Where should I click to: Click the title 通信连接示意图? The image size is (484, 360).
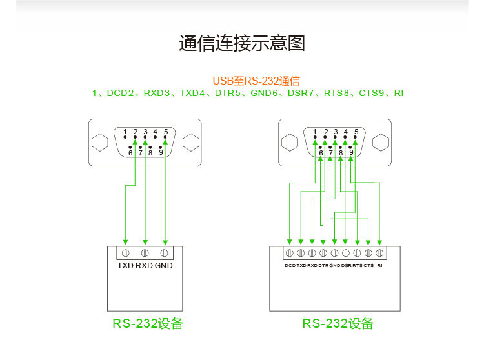241,44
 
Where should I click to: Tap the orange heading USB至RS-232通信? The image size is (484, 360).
256,81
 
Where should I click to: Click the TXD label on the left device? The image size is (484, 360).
125,266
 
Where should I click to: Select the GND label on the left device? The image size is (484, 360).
164,266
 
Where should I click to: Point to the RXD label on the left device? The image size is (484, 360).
145,266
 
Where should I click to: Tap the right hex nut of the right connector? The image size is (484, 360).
381,142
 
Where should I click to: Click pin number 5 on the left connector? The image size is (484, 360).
166,132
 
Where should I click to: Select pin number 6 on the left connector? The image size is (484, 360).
130,153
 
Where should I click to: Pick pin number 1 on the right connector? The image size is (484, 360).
315,132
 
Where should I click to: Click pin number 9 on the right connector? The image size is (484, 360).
351,153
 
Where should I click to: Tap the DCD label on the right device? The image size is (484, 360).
290,266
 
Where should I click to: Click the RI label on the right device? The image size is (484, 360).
380,266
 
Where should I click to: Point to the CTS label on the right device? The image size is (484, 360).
368,266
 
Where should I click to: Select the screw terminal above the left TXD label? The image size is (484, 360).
125,252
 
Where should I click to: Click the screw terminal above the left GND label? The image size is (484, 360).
165,252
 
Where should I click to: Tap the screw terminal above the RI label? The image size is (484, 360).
379,252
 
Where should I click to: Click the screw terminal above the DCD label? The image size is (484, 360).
290,252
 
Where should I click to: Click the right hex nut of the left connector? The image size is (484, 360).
190,142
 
